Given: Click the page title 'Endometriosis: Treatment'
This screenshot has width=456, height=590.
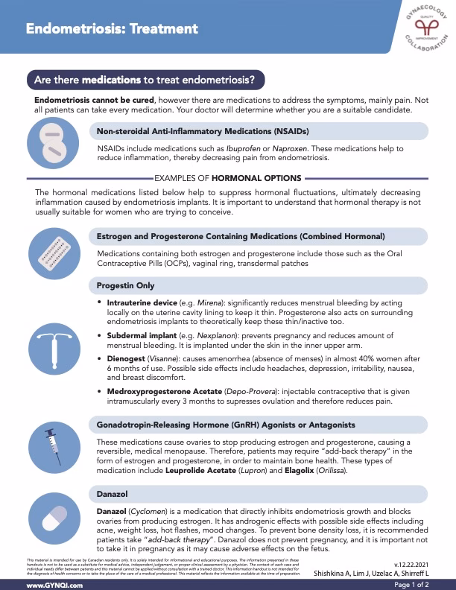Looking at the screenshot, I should (x=112, y=30).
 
